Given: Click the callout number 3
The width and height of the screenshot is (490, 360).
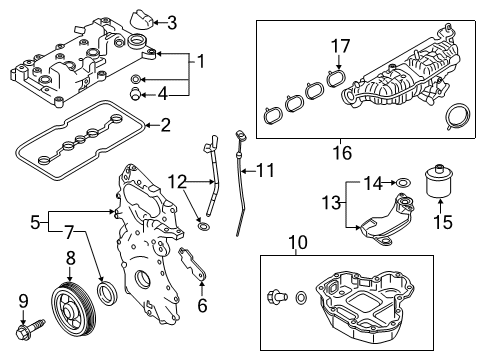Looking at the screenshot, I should click(172, 22).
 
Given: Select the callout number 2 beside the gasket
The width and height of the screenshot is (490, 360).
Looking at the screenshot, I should click(165, 125).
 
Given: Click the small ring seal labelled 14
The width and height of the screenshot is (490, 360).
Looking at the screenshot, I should click(401, 183).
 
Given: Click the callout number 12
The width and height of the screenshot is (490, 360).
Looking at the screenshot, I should click(177, 181).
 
